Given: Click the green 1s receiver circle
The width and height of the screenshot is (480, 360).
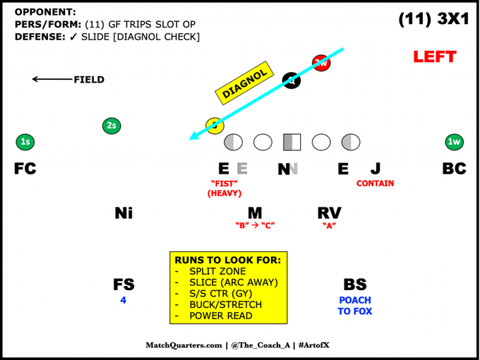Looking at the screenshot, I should click(x=25, y=142).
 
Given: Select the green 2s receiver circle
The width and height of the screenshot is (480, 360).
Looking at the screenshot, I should click(x=111, y=126).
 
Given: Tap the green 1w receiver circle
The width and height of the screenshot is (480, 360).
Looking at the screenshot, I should click(x=455, y=142).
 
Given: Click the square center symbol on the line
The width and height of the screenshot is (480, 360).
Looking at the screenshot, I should click(x=292, y=142).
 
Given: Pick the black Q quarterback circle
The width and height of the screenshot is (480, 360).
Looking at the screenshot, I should click(x=291, y=80).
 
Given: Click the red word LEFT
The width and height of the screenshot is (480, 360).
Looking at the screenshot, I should click(x=435, y=56).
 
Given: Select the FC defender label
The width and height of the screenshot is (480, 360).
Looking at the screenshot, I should click(x=25, y=169).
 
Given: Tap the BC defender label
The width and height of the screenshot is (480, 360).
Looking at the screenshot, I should click(x=454, y=169).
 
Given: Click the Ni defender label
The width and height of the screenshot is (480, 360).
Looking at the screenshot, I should click(x=124, y=212).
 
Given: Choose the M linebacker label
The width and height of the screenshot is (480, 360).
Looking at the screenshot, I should click(x=255, y=212).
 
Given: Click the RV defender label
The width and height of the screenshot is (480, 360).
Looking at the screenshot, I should click(x=329, y=212).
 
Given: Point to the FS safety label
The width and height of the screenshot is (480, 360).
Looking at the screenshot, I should click(x=124, y=284).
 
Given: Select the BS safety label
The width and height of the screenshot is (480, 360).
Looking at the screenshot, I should click(x=354, y=284).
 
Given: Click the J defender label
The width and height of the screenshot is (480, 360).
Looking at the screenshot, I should click(x=376, y=169).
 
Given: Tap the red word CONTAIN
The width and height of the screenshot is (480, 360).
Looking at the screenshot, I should click(x=376, y=184).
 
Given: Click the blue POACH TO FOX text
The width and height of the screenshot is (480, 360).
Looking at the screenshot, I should click(x=354, y=306).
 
